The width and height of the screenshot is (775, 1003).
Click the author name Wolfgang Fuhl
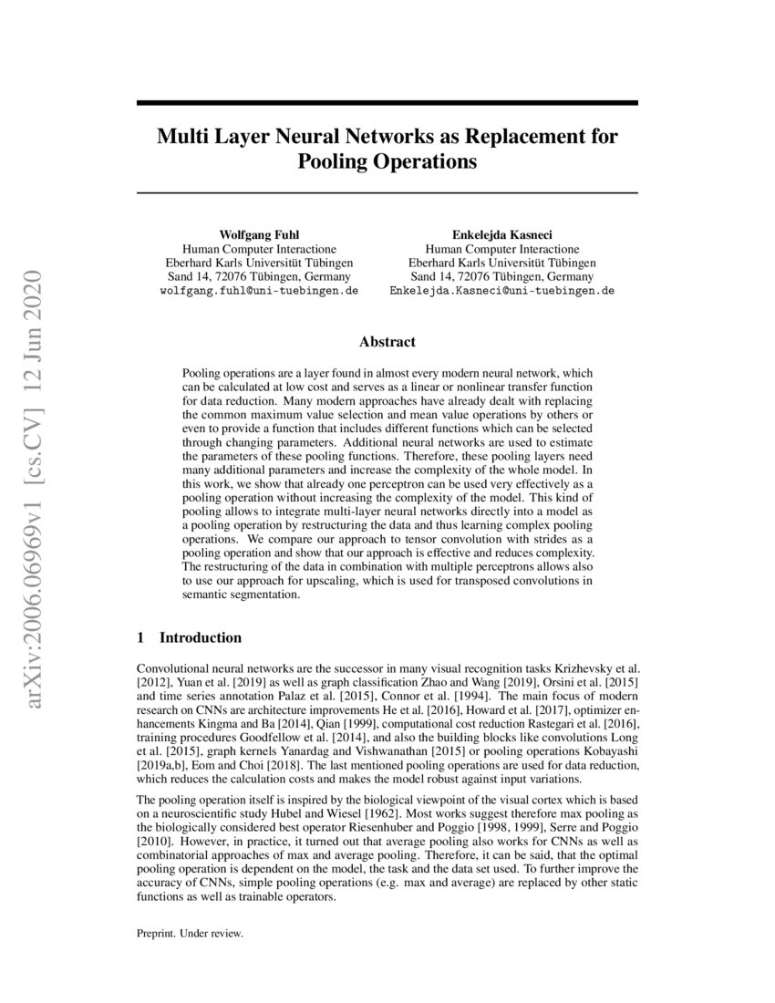(x=259, y=234)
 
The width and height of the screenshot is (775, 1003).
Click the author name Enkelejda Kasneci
(x=501, y=234)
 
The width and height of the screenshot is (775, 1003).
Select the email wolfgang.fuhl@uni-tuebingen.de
(x=259, y=291)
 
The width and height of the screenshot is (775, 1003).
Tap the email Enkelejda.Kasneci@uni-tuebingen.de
(x=501, y=291)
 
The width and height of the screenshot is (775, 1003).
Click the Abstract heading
(x=387, y=342)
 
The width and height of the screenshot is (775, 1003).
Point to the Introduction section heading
(x=201, y=637)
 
